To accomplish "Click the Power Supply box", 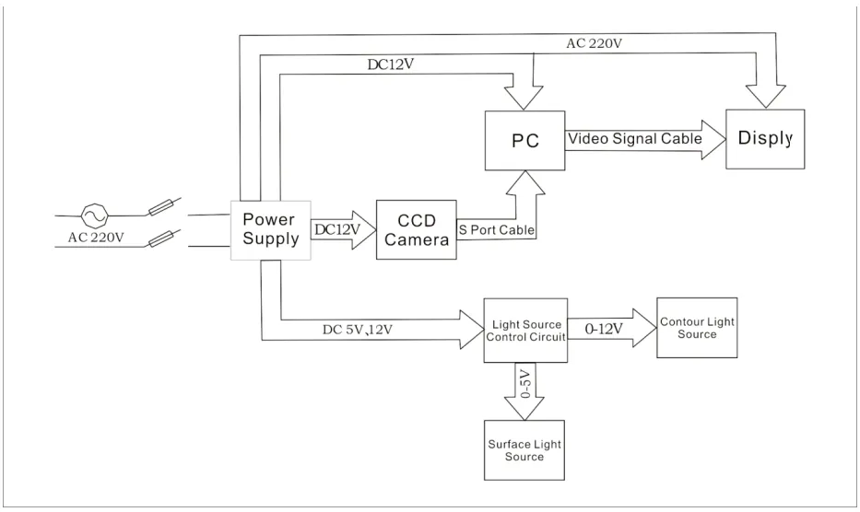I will [269, 230].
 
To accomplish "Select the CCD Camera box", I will [416, 230].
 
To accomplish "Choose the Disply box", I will [764, 139].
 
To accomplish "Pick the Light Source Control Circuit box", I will [525, 330].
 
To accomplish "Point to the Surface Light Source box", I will [525, 450].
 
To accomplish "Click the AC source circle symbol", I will [95, 215].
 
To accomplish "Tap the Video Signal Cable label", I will [634, 139].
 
